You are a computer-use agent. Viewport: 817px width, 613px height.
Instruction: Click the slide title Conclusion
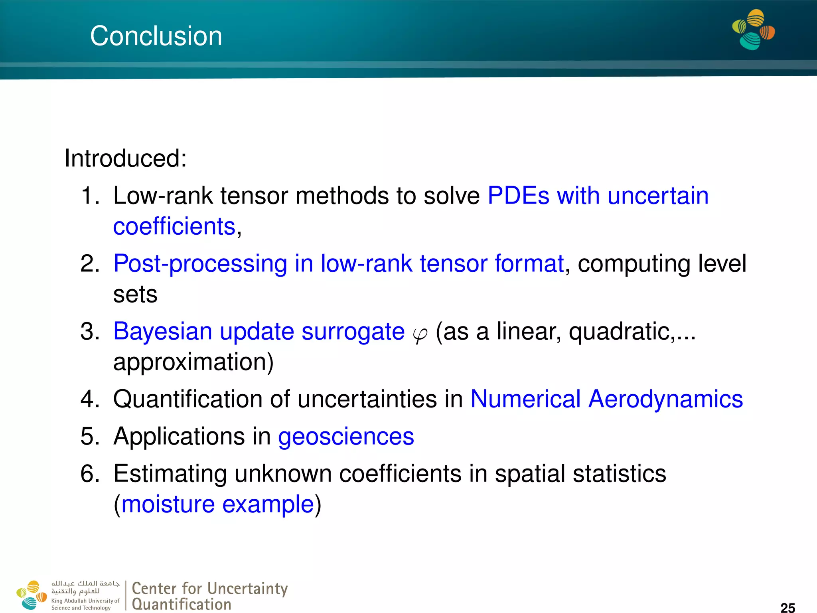(x=156, y=36)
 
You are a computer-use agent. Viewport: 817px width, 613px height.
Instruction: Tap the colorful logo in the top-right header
(x=753, y=30)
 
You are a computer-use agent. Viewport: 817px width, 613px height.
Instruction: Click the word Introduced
(x=125, y=158)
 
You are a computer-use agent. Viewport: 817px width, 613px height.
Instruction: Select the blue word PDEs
(x=518, y=196)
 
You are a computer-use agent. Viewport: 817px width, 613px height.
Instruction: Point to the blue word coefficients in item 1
(x=174, y=227)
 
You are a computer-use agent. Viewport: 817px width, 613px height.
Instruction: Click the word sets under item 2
(x=135, y=295)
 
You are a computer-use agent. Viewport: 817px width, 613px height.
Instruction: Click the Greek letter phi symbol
(x=420, y=334)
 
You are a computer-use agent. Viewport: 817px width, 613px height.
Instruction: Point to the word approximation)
(x=193, y=362)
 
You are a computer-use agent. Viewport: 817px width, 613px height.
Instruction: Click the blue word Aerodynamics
(x=665, y=399)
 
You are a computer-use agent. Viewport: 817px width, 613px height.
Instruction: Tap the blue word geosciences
(x=346, y=436)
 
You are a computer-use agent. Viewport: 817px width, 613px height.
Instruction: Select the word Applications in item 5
(x=178, y=436)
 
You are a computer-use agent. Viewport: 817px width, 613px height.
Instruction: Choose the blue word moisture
(x=168, y=504)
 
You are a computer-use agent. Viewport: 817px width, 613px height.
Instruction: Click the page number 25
(x=787, y=607)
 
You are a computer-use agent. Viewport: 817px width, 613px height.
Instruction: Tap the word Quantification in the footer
(x=182, y=604)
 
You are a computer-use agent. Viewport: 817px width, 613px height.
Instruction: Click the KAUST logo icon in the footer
(x=32, y=595)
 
